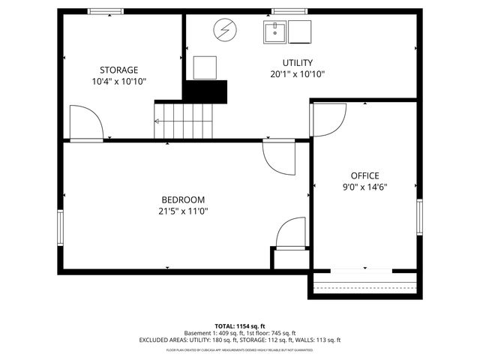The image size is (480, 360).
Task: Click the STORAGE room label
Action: coord(118,70)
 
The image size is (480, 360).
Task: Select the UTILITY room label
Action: coord(297,62)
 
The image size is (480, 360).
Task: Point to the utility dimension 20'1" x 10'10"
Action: coord(297,73)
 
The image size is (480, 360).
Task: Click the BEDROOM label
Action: coord(182,199)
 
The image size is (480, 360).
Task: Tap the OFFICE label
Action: coord(364,175)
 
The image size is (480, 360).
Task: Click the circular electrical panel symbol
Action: coord(223,30)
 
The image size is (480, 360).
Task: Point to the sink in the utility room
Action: coord(274,31)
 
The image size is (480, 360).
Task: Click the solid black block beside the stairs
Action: coord(205,91)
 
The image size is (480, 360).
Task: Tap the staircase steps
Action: coord(183,120)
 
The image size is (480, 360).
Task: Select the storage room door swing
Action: coord(84,122)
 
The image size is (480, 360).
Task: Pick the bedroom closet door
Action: coord(291,233)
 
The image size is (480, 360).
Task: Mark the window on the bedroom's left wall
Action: coord(61,227)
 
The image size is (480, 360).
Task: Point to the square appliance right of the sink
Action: coord(300,31)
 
